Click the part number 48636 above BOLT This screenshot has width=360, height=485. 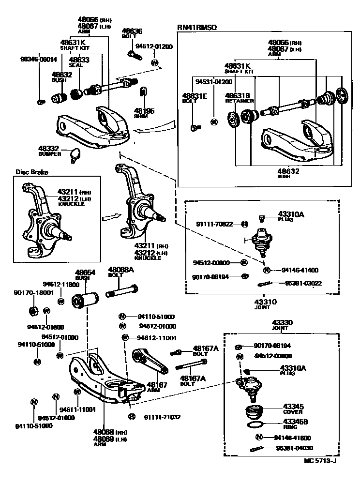[132, 31]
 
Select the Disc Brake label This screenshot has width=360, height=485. [30, 171]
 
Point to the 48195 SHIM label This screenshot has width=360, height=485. [144, 113]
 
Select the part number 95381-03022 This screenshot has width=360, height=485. [303, 283]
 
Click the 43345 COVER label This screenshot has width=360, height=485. [293, 409]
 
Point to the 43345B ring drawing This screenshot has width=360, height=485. [255, 425]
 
